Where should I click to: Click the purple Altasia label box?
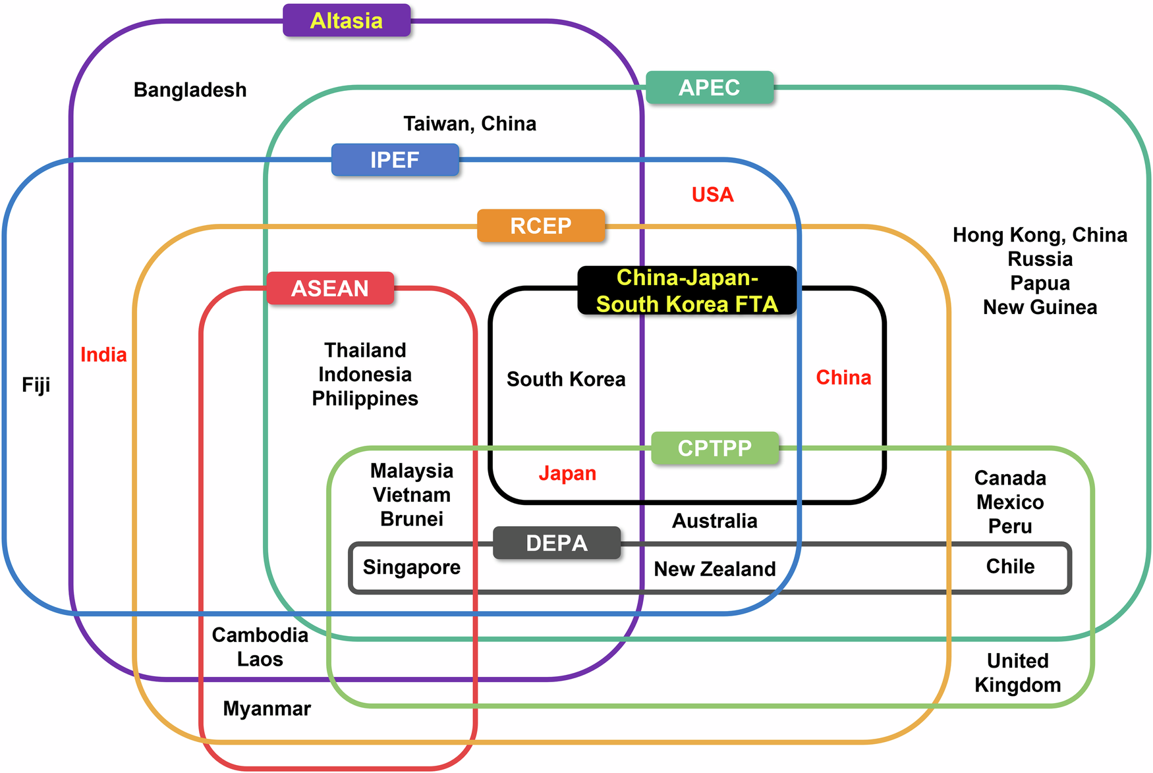coord(347,20)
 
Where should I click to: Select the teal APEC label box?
coord(709,88)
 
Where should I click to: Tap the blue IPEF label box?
coord(395,160)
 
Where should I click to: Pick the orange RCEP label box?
coord(540,226)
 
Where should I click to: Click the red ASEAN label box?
coord(330,288)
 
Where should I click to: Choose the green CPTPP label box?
coord(714,448)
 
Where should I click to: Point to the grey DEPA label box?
coord(556,543)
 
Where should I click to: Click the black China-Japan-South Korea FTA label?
coord(687,290)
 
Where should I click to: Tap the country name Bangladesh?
coord(190,90)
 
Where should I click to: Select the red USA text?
coord(712,195)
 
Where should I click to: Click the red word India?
coord(103,355)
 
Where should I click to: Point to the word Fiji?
coord(36,385)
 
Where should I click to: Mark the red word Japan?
coord(567,473)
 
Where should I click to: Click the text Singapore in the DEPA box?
coord(411,567)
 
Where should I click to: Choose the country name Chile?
coord(1009,566)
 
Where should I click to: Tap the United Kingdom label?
coord(1017,673)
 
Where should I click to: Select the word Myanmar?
coord(267,708)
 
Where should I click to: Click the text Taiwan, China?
coord(470,124)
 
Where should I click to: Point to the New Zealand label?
coord(714,569)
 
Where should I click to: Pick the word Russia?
coord(1040,259)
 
